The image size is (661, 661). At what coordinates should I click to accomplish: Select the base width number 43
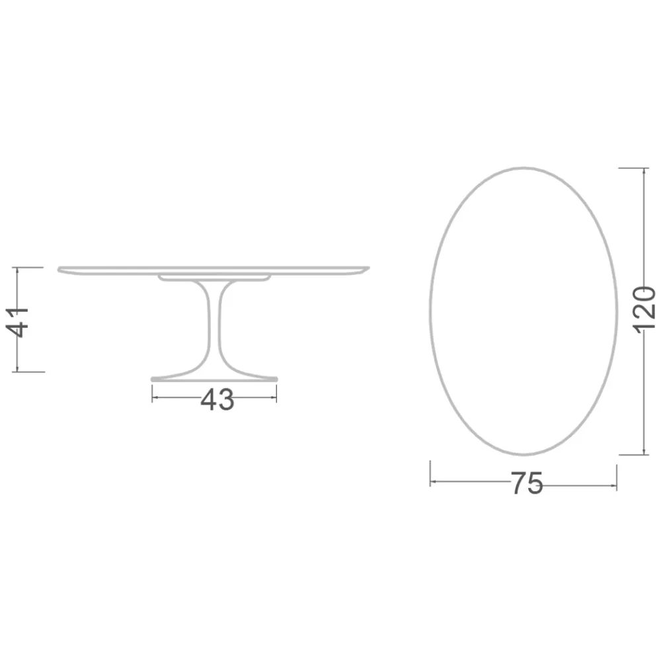point(217,399)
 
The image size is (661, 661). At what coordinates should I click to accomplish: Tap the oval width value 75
point(526,484)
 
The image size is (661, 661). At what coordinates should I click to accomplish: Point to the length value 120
point(644,309)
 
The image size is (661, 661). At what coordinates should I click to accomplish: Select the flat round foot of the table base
point(215,379)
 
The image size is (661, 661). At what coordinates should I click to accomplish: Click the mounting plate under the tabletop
point(215,278)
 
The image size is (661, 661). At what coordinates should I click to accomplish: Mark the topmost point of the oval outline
point(524,168)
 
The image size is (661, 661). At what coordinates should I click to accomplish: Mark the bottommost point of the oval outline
point(524,455)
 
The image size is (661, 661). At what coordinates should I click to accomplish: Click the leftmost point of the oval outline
point(430,311)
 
